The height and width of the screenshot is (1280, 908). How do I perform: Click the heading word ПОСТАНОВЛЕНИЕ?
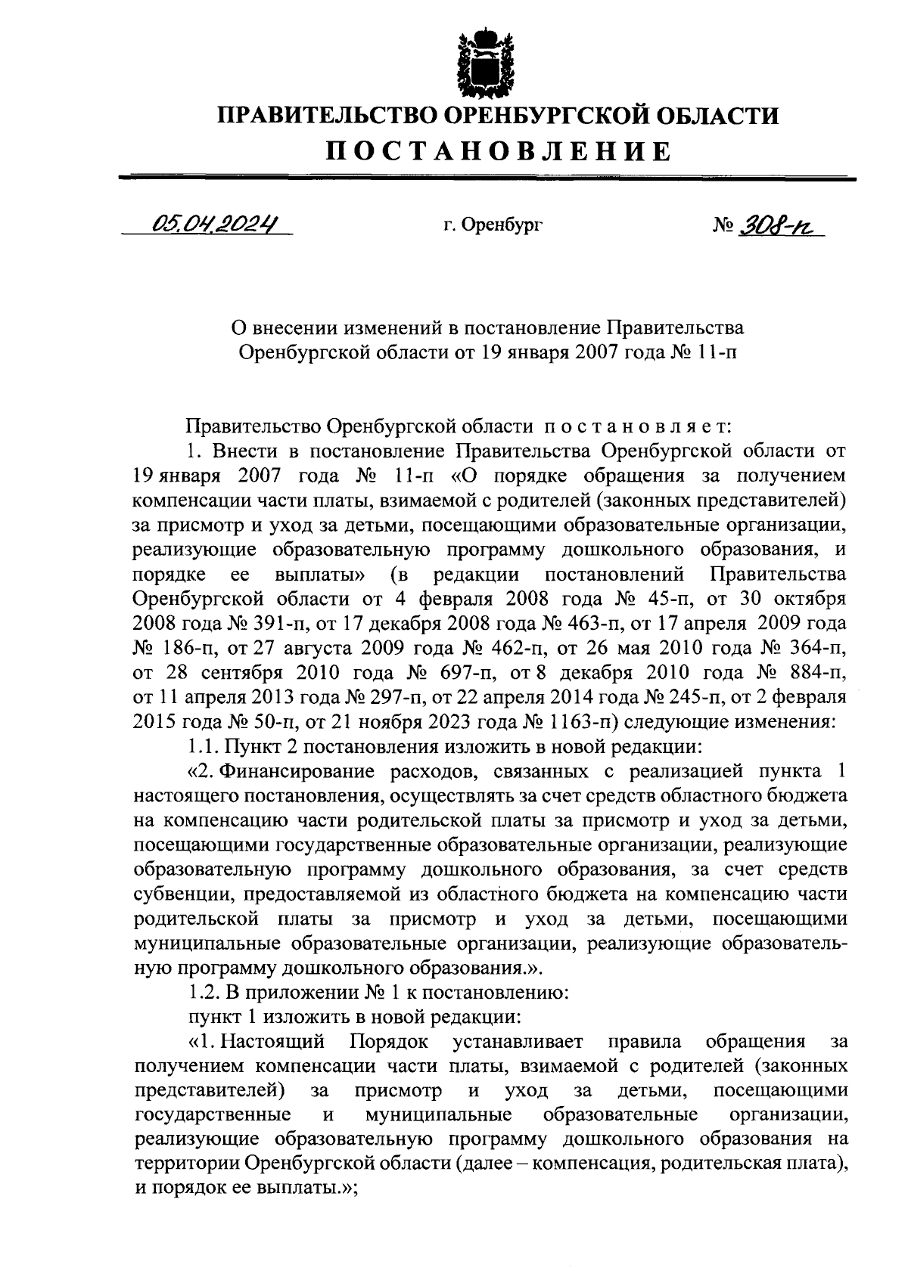click(x=499, y=151)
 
